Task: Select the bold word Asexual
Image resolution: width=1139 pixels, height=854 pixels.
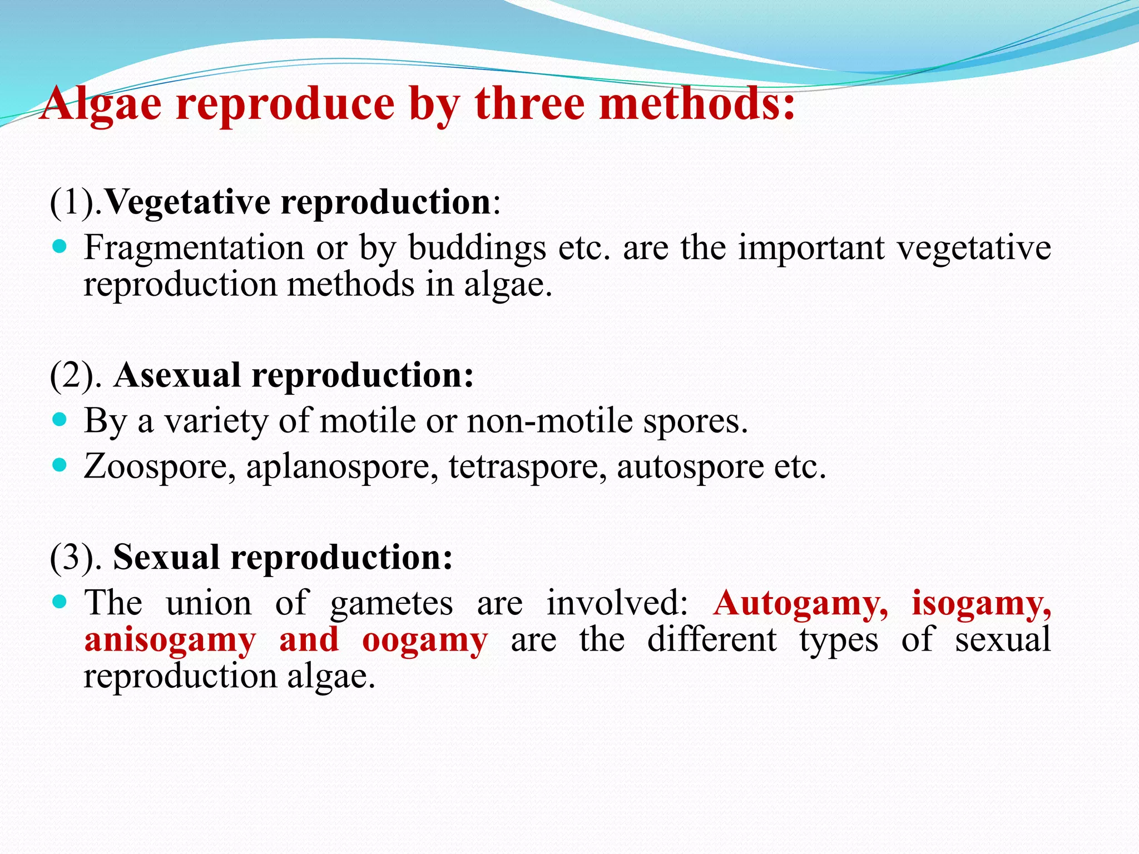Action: (x=177, y=375)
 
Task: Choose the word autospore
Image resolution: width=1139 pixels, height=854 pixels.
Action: (x=690, y=467)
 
